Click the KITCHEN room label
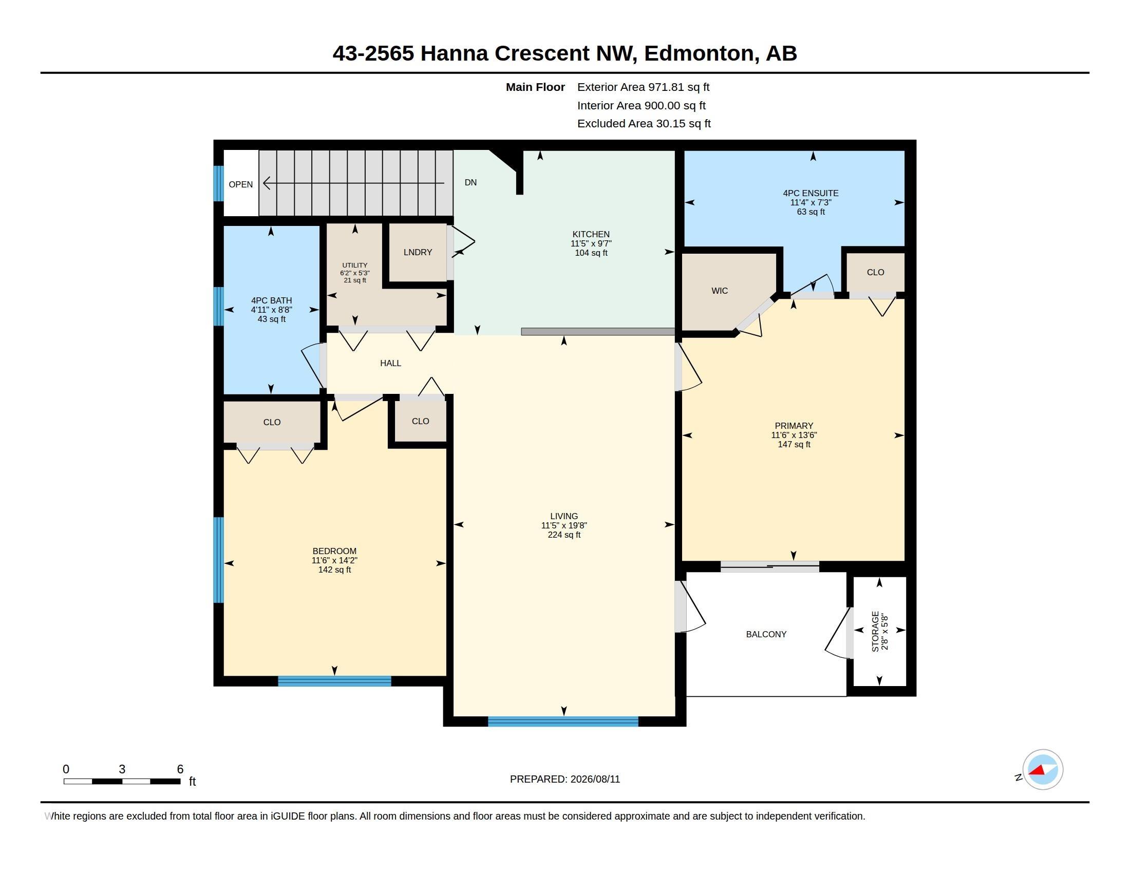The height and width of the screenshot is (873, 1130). pyautogui.click(x=591, y=234)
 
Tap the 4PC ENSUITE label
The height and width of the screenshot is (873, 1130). pyautogui.click(x=811, y=194)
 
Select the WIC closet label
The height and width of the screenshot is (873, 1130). pyautogui.click(x=720, y=291)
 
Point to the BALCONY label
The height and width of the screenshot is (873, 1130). pyautogui.click(x=766, y=634)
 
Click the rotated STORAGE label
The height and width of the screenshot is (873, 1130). pyautogui.click(x=875, y=632)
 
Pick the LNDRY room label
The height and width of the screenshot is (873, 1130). pyautogui.click(x=418, y=252)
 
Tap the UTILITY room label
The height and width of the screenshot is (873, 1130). pyautogui.click(x=355, y=265)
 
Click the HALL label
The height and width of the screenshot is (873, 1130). pyautogui.click(x=391, y=363)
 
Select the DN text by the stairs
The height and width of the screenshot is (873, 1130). pyautogui.click(x=471, y=183)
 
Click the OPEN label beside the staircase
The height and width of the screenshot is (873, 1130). pyautogui.click(x=240, y=185)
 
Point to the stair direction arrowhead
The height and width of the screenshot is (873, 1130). pyautogui.click(x=267, y=183)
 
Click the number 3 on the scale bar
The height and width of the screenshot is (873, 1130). pyautogui.click(x=122, y=769)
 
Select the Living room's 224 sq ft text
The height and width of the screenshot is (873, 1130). pyautogui.click(x=564, y=535)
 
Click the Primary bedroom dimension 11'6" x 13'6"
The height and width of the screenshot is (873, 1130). pyautogui.click(x=794, y=435)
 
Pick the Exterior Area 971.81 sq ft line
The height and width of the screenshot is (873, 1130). pyautogui.click(x=643, y=87)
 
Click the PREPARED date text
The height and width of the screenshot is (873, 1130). pyautogui.click(x=565, y=780)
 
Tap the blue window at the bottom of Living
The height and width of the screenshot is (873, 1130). pyautogui.click(x=563, y=722)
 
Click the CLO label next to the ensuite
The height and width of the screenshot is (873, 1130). pyautogui.click(x=875, y=273)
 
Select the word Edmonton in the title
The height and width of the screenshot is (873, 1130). pyautogui.click(x=699, y=53)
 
